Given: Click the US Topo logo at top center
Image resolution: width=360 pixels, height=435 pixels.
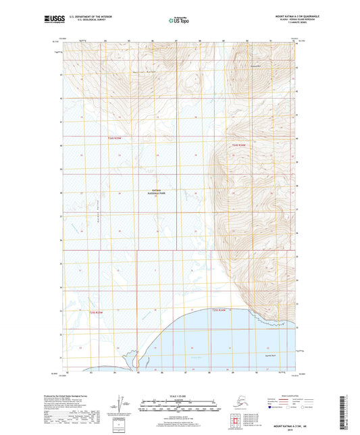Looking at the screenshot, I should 176,21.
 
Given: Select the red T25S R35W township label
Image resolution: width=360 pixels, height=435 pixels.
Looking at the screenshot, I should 97,312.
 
